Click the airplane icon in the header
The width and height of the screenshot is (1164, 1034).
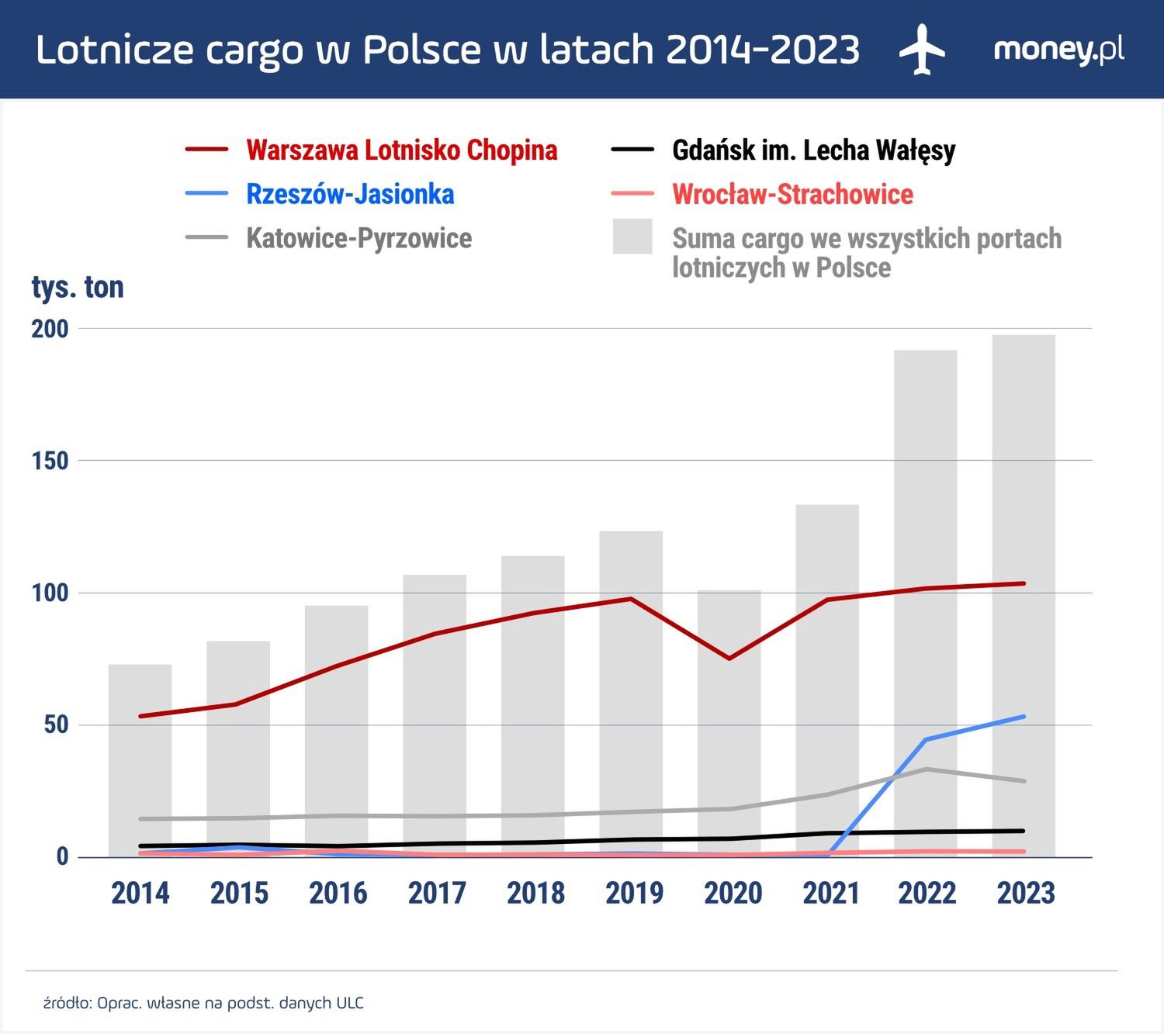coord(922,50)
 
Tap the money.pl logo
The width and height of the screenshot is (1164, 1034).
coord(1058,50)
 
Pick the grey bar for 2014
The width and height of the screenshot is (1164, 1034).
coord(140,760)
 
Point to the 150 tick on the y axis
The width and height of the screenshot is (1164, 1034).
coord(50,461)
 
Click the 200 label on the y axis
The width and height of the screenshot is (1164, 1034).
coord(50,329)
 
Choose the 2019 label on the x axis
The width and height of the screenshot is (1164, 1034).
coord(634,893)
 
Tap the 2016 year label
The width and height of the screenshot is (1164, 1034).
coord(338,893)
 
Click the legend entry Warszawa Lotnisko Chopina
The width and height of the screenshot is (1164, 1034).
coord(401,150)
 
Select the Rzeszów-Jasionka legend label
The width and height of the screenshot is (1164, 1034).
coord(350,194)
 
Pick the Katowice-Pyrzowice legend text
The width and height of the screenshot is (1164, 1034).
coord(359,238)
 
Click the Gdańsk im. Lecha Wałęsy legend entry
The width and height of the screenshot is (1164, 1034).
coord(813,150)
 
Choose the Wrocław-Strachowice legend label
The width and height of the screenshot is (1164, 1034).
coord(792,194)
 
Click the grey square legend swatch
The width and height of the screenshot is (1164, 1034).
coord(632,237)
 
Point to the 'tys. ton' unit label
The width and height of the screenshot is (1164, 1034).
coord(78,287)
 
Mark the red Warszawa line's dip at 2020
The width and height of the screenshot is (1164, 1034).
coord(729,659)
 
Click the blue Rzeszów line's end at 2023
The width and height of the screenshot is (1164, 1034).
coord(1024,717)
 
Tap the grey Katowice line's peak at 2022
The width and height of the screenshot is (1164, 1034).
coord(926,769)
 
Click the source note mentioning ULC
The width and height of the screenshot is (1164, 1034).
coord(203,1003)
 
